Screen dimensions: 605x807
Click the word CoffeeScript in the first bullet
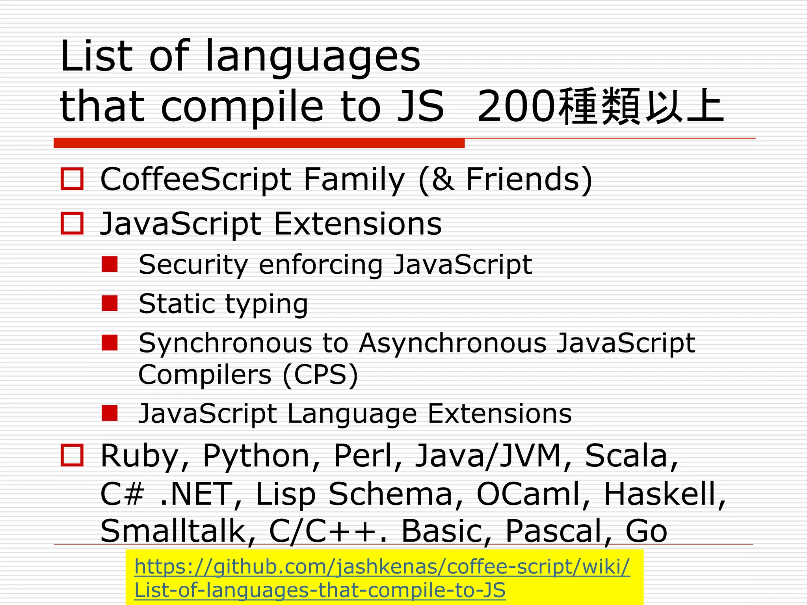[196, 180]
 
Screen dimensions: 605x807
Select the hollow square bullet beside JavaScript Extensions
[72, 223]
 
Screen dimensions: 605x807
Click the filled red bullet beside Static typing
[110, 303]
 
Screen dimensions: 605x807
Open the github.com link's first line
[382, 567]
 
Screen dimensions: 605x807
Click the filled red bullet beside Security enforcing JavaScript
[110, 264]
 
